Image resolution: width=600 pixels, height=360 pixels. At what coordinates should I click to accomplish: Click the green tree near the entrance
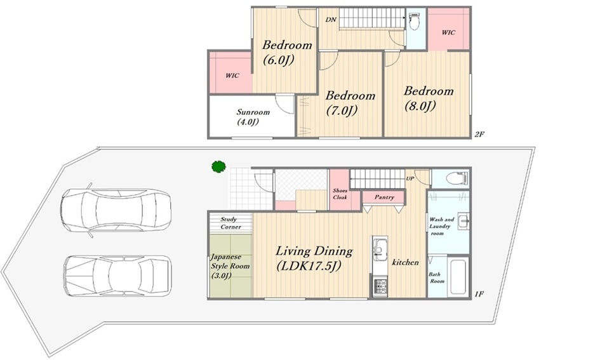(x=218, y=167)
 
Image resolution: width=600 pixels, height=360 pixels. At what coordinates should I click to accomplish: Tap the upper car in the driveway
(x=115, y=210)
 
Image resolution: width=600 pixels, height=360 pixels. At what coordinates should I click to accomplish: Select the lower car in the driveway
(x=117, y=276)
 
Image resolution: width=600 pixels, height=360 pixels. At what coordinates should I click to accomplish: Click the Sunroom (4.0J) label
(x=253, y=117)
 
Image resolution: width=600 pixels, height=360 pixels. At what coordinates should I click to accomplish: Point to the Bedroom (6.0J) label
(x=287, y=52)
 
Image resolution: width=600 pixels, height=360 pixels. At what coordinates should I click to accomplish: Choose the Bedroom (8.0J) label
(x=429, y=98)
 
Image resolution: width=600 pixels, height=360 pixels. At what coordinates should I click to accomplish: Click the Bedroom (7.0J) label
(x=350, y=102)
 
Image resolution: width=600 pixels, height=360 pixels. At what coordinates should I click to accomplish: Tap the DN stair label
(x=331, y=20)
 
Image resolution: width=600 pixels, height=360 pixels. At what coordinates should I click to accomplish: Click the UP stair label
(x=410, y=178)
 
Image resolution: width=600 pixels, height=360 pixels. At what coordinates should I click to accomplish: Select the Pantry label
(x=384, y=197)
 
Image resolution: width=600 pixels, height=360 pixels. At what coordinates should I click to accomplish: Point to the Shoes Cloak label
(x=340, y=194)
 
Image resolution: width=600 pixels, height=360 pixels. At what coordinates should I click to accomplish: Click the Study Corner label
(x=230, y=223)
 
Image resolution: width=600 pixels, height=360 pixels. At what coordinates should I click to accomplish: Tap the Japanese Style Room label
(x=230, y=266)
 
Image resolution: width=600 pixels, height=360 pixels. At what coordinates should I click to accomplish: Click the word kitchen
(x=405, y=262)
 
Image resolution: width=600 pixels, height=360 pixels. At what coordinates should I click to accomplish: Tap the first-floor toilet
(x=456, y=178)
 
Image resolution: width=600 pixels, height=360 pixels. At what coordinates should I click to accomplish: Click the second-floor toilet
(x=413, y=22)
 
